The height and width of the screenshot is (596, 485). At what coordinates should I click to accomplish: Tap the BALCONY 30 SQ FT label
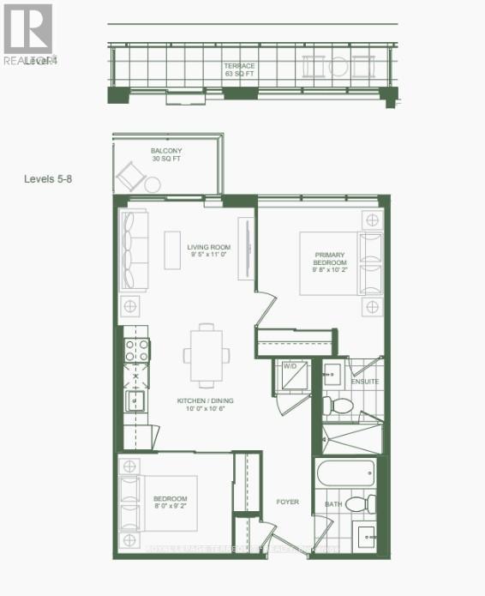pos(166,155)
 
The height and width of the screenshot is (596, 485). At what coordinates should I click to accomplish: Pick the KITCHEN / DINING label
pos(206,405)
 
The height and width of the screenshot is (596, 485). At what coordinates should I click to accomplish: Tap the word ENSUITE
pos(364,382)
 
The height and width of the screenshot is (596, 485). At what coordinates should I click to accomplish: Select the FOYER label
pos(288,502)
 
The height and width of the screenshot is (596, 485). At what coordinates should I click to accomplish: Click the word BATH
pos(333,504)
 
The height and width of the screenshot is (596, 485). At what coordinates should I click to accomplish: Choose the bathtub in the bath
pos(345,474)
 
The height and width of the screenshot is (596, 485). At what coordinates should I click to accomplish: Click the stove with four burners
pos(137,350)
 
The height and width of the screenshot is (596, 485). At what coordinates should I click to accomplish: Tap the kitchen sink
pos(136,400)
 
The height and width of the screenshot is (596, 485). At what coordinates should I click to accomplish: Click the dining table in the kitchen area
pos(207,355)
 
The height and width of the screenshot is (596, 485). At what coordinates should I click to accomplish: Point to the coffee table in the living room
pos(173,250)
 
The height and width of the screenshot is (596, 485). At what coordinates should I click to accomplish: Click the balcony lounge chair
pos(132,178)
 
